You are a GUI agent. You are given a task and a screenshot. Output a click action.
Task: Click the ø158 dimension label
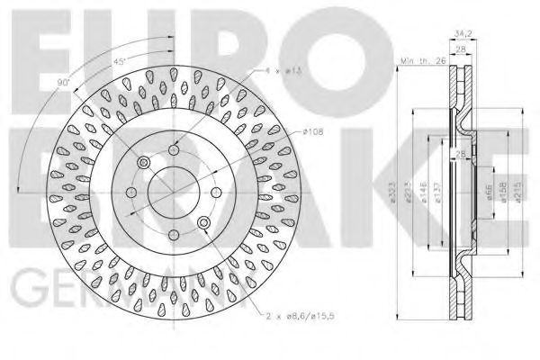point(501,193)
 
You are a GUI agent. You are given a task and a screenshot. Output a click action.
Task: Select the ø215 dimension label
point(514,193)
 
